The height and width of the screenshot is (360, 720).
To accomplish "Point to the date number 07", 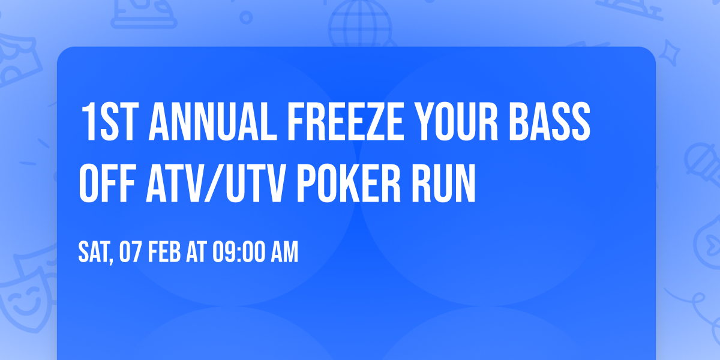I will pyautogui.click(x=130, y=253).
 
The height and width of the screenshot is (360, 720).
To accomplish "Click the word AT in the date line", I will pyautogui.click(x=196, y=253).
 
